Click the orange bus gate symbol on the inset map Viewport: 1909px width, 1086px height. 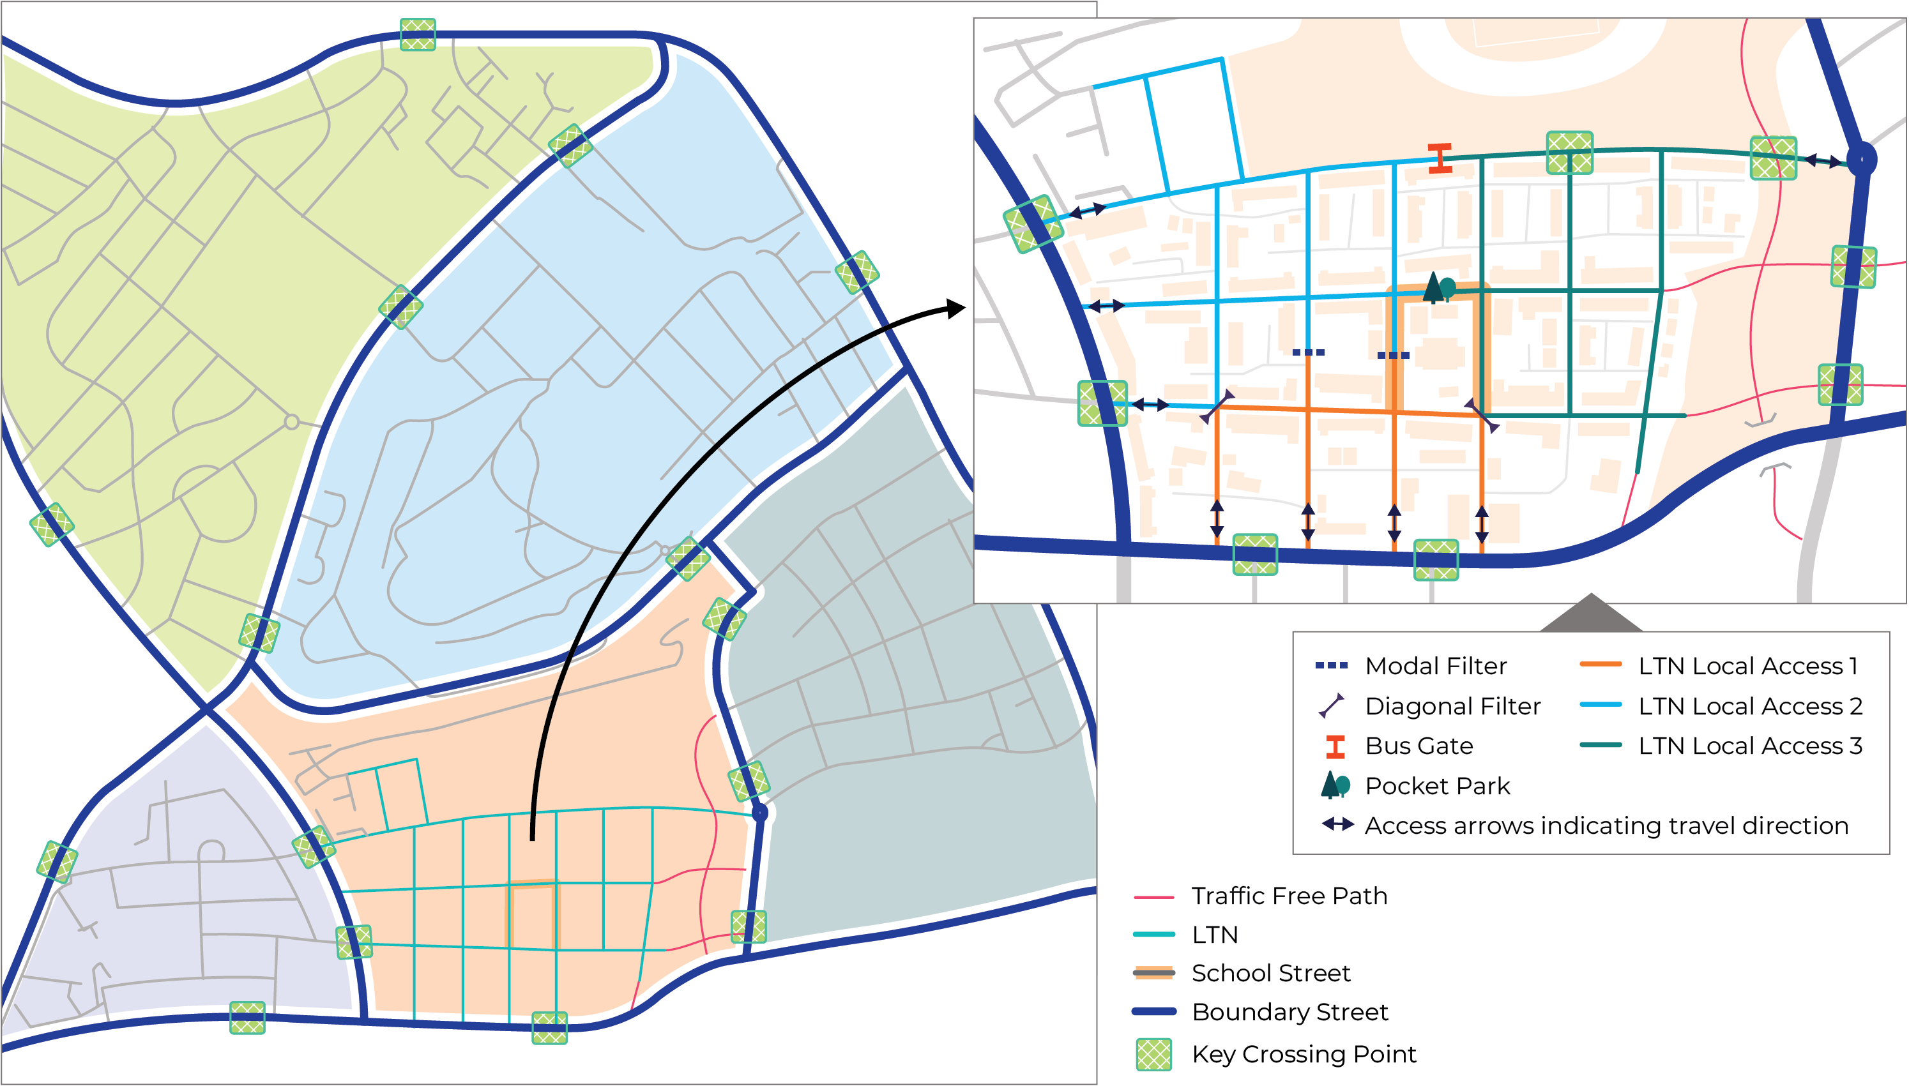[x=1440, y=158]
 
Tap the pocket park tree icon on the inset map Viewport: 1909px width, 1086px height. [x=1438, y=288]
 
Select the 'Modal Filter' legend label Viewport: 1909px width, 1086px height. [x=1435, y=666]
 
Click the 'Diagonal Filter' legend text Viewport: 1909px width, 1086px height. [x=1452, y=706]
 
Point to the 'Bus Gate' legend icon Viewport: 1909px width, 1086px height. [x=1335, y=746]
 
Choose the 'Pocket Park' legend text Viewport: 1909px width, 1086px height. [x=1437, y=786]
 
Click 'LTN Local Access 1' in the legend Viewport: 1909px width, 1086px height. [x=1748, y=666]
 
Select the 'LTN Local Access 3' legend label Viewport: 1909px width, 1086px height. [x=1749, y=746]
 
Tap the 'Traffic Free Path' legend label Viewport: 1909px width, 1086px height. [x=1289, y=896]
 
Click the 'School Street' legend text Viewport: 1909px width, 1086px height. [x=1270, y=974]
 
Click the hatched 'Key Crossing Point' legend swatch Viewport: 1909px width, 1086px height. [x=1153, y=1054]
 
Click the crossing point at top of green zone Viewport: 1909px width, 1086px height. [x=418, y=34]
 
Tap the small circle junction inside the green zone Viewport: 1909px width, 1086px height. [x=292, y=422]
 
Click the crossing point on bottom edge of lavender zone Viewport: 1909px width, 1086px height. [x=247, y=1018]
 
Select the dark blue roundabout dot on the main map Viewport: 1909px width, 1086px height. [x=759, y=812]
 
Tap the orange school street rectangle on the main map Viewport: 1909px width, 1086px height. [x=533, y=916]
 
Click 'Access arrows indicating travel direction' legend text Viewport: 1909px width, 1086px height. [x=1606, y=826]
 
